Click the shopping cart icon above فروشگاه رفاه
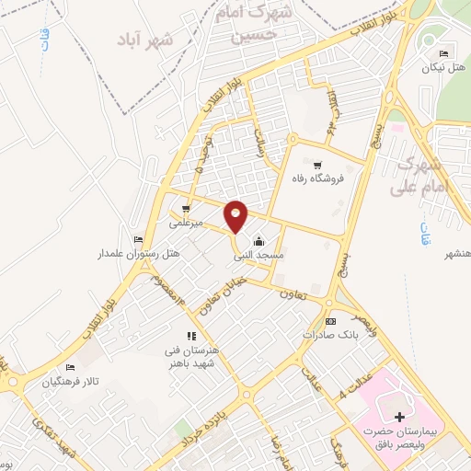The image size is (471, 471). click(317, 165)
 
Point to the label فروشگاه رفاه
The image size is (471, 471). click(317, 178)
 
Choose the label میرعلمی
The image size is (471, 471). click(187, 223)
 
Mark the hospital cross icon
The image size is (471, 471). click(398, 417)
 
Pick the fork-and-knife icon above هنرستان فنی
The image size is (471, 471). click(190, 337)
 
